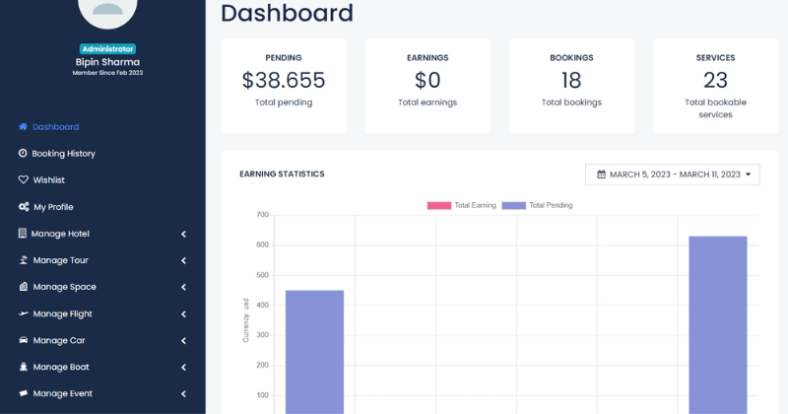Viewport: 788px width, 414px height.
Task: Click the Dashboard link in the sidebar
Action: coord(55,127)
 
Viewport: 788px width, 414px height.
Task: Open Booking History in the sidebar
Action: coord(63,154)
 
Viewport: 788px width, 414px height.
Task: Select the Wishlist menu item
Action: coord(48,180)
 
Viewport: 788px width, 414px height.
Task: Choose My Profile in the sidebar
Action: coord(53,207)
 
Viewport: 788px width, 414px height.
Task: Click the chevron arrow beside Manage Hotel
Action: coord(184,234)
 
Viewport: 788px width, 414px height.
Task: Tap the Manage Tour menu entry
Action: coord(60,260)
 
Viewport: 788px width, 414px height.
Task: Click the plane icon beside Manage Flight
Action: coord(23,313)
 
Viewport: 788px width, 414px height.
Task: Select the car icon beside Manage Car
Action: coord(23,340)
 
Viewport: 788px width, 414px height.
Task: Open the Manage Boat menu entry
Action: coord(60,367)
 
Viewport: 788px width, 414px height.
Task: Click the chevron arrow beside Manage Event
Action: coord(184,393)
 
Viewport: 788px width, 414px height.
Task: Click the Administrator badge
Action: coord(106,48)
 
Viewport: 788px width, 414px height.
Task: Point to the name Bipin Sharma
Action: coord(106,61)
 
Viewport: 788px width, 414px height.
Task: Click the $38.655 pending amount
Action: coord(283,81)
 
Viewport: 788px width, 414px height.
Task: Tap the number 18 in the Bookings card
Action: coord(571,81)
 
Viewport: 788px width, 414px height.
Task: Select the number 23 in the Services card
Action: coord(715,81)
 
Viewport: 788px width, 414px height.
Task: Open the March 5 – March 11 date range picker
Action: coord(674,174)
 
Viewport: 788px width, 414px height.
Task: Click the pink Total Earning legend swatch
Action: coord(438,205)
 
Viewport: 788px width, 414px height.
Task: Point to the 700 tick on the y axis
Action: coord(262,215)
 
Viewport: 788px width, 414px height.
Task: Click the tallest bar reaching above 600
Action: coord(717,325)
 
